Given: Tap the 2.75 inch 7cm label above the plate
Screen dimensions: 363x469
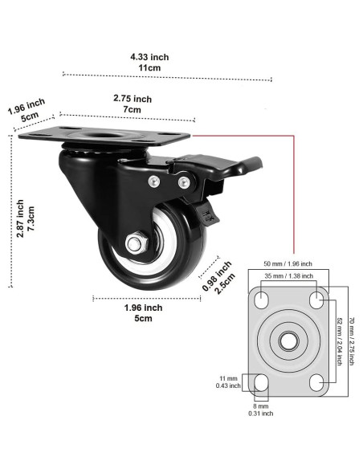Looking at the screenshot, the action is click(x=133, y=104).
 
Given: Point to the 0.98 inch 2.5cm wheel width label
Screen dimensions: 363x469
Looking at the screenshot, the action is click(x=218, y=278).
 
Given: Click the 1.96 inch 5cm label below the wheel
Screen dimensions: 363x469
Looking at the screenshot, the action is click(x=143, y=313).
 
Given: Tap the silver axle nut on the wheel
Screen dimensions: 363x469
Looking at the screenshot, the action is click(x=137, y=243).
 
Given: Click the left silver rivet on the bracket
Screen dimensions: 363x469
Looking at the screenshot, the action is click(x=154, y=181).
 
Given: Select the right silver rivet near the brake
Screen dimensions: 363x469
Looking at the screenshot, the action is click(x=184, y=181).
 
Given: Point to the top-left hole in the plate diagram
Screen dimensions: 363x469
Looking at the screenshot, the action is click(x=261, y=300).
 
